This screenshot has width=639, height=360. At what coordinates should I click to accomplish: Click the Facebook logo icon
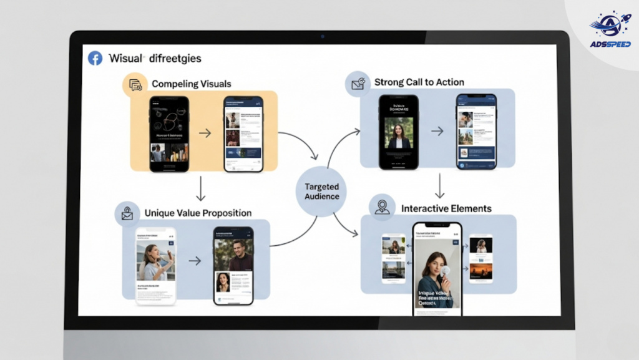click(95, 59)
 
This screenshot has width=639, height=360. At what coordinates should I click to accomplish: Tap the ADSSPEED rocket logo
click(610, 29)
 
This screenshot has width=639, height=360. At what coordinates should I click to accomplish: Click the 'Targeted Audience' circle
click(322, 192)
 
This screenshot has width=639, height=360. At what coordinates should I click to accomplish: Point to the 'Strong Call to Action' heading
click(419, 82)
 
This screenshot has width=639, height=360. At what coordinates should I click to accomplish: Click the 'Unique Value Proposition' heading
click(198, 213)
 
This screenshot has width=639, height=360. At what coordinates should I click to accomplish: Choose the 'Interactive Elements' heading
click(446, 208)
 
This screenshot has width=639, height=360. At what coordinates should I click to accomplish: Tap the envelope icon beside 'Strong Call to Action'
click(358, 84)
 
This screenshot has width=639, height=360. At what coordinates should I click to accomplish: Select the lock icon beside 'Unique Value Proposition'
click(127, 213)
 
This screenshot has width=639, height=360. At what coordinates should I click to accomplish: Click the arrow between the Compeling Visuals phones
click(205, 133)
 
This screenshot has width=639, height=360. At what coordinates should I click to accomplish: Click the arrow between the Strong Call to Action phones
click(437, 131)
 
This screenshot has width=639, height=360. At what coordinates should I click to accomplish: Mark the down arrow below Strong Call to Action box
click(439, 185)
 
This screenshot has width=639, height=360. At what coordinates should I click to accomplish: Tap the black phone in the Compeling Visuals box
click(169, 134)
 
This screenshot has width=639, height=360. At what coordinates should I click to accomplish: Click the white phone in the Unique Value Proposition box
click(156, 265)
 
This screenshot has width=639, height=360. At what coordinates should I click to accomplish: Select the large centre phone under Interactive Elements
click(437, 268)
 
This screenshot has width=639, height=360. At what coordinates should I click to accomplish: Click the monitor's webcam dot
click(322, 36)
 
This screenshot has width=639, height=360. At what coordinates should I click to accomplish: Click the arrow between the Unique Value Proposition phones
click(195, 261)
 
